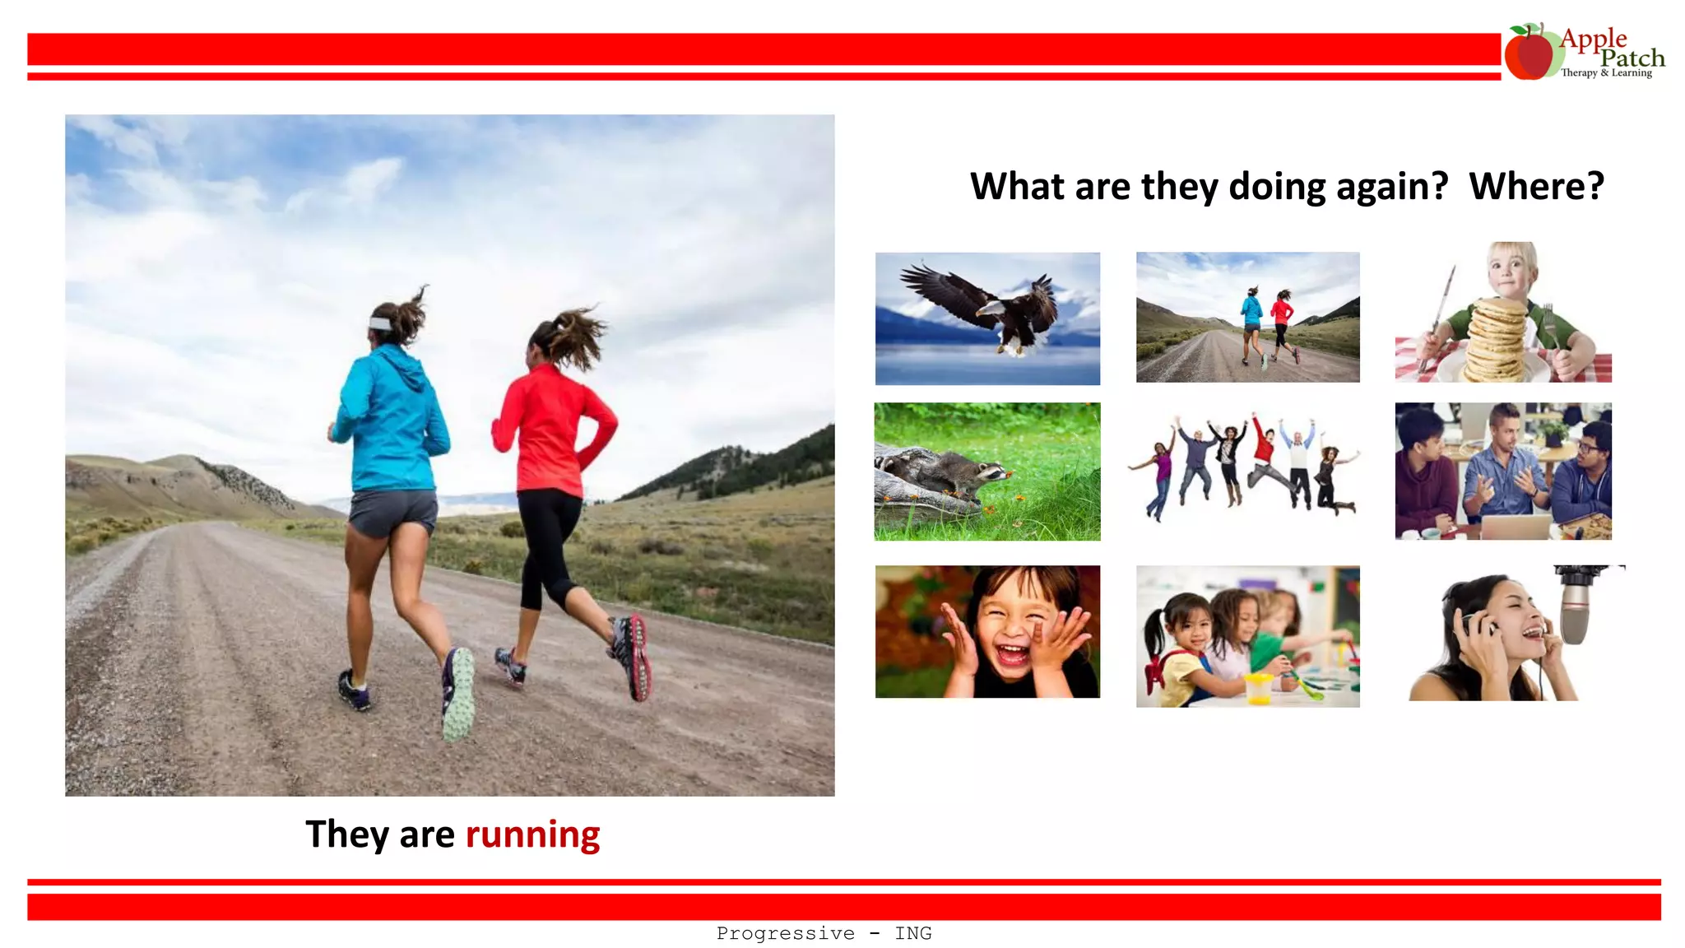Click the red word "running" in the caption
532,834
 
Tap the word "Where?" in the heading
1536,186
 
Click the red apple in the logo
1529,54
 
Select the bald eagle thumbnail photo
987,318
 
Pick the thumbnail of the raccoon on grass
986,472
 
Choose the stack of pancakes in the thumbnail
1496,339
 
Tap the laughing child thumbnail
987,632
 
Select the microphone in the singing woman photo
1576,605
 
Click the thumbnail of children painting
1247,636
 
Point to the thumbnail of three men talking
1503,472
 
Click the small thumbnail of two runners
1247,317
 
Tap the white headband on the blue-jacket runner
381,323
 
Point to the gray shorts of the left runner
392,510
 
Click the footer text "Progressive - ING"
824,933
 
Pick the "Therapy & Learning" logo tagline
1606,73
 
